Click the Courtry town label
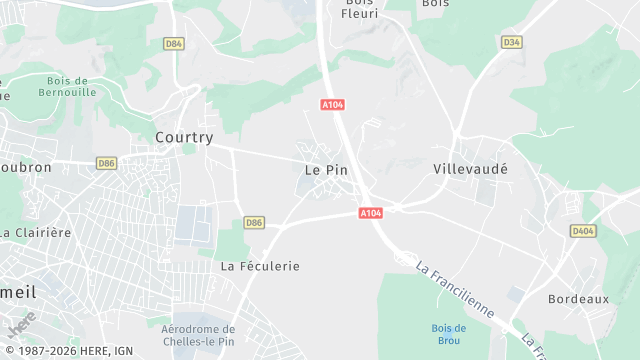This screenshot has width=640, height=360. [x=184, y=137]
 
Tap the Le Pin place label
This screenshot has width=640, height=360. [x=326, y=170]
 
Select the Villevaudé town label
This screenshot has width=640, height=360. [x=470, y=169]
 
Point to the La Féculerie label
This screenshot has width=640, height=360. [x=260, y=266]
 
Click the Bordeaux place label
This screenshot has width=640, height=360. [x=578, y=299]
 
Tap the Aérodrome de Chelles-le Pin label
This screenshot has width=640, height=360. [x=198, y=335]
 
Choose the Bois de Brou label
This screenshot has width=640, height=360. [x=449, y=333]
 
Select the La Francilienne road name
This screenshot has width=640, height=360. [x=455, y=290]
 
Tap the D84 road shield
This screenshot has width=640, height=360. [x=174, y=43]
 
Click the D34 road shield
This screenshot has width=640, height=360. [x=512, y=42]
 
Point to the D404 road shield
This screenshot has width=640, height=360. [x=583, y=231]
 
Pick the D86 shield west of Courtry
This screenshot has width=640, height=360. [x=107, y=163]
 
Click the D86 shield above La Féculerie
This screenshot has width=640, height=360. [x=254, y=222]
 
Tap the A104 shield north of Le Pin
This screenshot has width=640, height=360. [x=333, y=104]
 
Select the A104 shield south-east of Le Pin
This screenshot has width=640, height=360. [x=371, y=213]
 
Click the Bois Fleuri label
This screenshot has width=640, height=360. [x=358, y=9]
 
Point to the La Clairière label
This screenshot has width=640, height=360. [x=35, y=232]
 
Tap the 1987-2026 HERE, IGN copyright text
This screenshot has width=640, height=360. [x=69, y=351]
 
